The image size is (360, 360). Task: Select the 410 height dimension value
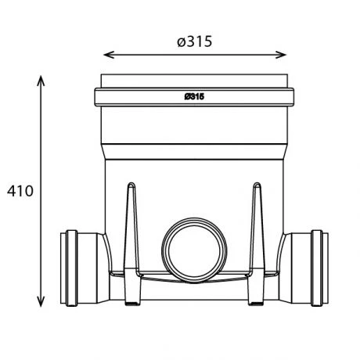click(19, 191)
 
